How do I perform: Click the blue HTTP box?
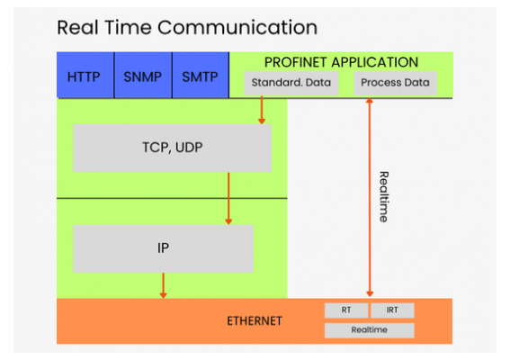[84, 76]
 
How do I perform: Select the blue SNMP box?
[142, 76]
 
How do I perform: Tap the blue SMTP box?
[200, 76]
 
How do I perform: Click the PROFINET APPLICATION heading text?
[341, 63]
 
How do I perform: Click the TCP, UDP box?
[171, 148]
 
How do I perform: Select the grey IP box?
[163, 248]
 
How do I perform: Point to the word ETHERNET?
[255, 321]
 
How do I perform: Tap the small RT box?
[346, 310]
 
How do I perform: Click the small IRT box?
[392, 310]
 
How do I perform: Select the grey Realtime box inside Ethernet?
[369, 330]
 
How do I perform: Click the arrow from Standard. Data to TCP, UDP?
[262, 110]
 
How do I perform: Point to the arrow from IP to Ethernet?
[163, 285]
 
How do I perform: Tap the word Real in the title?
[77, 27]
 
